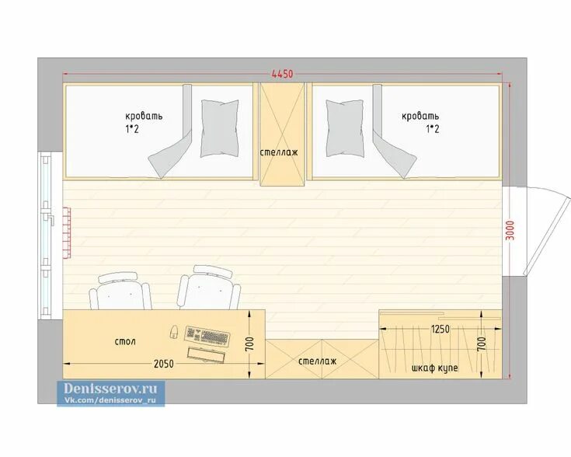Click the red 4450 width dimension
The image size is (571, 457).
(282, 74)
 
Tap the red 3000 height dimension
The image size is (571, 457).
(510, 230)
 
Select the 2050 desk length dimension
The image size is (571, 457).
(163, 363)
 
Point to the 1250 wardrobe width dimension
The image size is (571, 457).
(440, 329)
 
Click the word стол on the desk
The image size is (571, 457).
(125, 341)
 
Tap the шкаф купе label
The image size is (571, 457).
(434, 368)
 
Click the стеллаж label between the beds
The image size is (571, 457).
(279, 152)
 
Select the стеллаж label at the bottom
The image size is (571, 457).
(317, 361)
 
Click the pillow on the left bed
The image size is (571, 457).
(220, 129)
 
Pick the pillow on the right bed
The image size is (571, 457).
(345, 129)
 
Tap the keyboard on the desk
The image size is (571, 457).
(207, 335)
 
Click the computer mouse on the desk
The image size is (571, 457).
(174, 332)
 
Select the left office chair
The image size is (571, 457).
(120, 291)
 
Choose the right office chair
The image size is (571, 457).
(210, 288)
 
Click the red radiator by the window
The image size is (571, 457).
(67, 233)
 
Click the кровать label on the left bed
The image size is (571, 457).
(144, 117)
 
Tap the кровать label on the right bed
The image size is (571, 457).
(420, 117)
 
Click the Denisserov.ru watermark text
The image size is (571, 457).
(110, 389)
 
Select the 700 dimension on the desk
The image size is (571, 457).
(249, 344)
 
